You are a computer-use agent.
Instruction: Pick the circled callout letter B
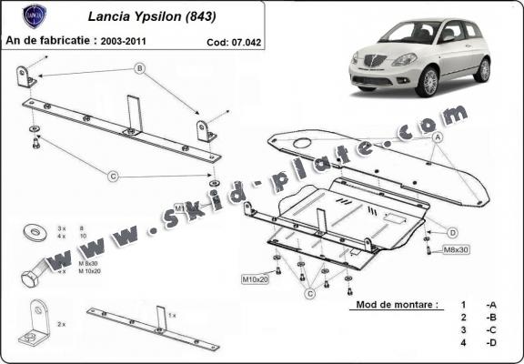click(x=139, y=68)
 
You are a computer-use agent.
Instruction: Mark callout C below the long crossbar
click(x=114, y=175)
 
